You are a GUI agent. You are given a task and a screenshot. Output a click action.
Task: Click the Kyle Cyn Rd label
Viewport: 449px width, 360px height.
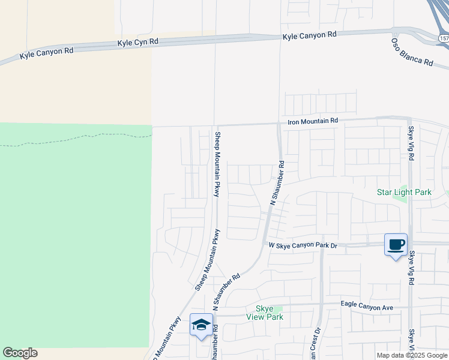(138, 43)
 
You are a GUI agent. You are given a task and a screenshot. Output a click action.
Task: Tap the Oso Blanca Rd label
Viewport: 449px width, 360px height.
(412, 52)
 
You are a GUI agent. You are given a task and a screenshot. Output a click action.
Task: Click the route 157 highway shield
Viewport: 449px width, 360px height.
(443, 38)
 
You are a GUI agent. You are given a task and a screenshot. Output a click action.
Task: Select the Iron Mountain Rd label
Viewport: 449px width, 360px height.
(313, 121)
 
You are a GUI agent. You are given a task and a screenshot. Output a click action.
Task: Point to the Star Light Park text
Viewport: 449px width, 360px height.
(404, 193)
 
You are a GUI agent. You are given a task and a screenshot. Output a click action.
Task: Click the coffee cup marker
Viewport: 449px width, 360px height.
(396, 245)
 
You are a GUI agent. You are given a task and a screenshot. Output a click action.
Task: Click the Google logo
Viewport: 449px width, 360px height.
(20, 353)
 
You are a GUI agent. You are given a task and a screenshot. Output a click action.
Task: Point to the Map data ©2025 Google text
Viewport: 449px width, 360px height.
(412, 355)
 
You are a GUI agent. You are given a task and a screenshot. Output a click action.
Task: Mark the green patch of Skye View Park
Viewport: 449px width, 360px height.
(278, 310)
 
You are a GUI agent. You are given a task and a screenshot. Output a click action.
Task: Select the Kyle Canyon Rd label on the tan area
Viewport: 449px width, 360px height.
(46, 53)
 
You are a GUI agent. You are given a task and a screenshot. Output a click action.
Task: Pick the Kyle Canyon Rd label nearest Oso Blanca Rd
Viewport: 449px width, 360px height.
(310, 36)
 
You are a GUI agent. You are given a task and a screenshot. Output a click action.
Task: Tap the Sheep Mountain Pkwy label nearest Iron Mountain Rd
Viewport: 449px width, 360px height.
(217, 164)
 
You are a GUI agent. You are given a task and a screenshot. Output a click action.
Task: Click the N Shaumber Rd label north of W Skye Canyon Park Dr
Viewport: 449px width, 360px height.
(277, 183)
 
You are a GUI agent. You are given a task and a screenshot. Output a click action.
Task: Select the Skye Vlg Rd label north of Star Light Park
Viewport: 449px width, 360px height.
(411, 143)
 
